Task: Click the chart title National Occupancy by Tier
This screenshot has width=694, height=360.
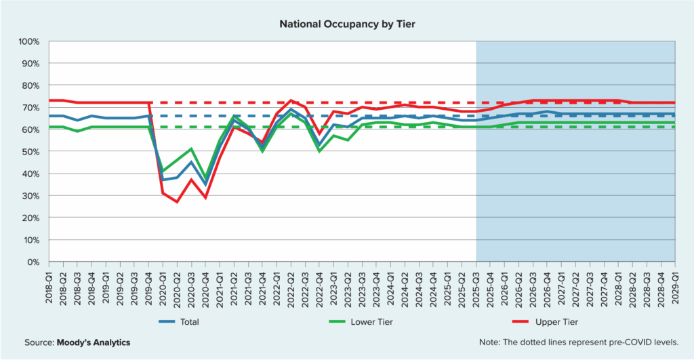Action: click(x=346, y=24)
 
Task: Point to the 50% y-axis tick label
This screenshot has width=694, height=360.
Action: click(x=30, y=152)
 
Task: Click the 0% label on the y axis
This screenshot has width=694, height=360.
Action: click(x=33, y=262)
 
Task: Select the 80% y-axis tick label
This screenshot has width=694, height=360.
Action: click(x=30, y=85)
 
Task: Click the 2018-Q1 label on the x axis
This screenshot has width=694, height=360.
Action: click(x=49, y=285)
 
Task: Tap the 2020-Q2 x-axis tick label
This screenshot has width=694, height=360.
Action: click(x=175, y=285)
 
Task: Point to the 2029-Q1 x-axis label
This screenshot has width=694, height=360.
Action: click(x=675, y=285)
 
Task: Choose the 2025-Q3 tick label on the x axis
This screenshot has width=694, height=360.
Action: click(x=476, y=285)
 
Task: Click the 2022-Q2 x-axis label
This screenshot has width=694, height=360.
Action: click(x=291, y=285)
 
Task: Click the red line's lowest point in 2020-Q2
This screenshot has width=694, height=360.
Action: click(x=177, y=202)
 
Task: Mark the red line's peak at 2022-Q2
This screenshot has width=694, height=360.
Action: click(x=291, y=101)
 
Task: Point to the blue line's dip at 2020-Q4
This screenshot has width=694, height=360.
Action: click(x=205, y=184)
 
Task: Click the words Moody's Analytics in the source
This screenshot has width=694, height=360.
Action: click(x=96, y=342)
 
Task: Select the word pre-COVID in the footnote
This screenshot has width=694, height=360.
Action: click(x=634, y=342)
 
